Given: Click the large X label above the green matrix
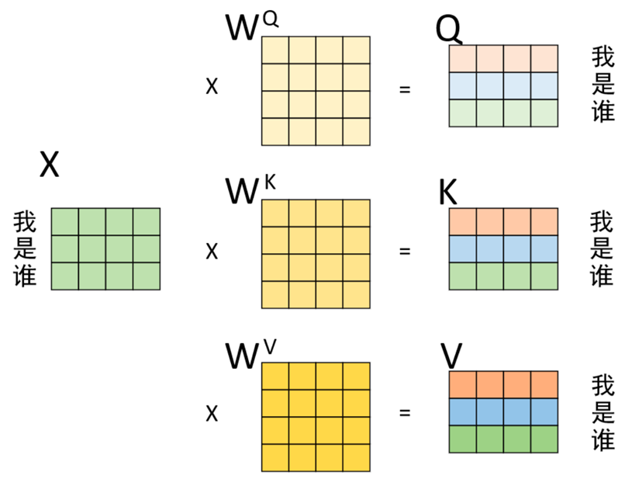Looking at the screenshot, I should [49, 165].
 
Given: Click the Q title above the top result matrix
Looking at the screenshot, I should [449, 30].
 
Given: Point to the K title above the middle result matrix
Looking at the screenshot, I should [447, 194].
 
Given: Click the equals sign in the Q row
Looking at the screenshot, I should [403, 89].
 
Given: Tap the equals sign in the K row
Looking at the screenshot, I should [403, 252].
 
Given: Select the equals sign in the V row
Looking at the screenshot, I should [403, 413].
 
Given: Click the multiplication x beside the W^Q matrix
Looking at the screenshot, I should [211, 87].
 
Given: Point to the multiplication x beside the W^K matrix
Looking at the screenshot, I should [211, 252].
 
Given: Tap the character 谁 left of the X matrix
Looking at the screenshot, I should [25, 275].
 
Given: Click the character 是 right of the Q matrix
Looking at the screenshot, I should [603, 84].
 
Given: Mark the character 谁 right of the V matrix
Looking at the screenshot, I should [603, 439].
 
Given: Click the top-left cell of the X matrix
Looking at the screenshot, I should [65, 221].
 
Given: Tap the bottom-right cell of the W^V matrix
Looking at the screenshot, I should [356, 457].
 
